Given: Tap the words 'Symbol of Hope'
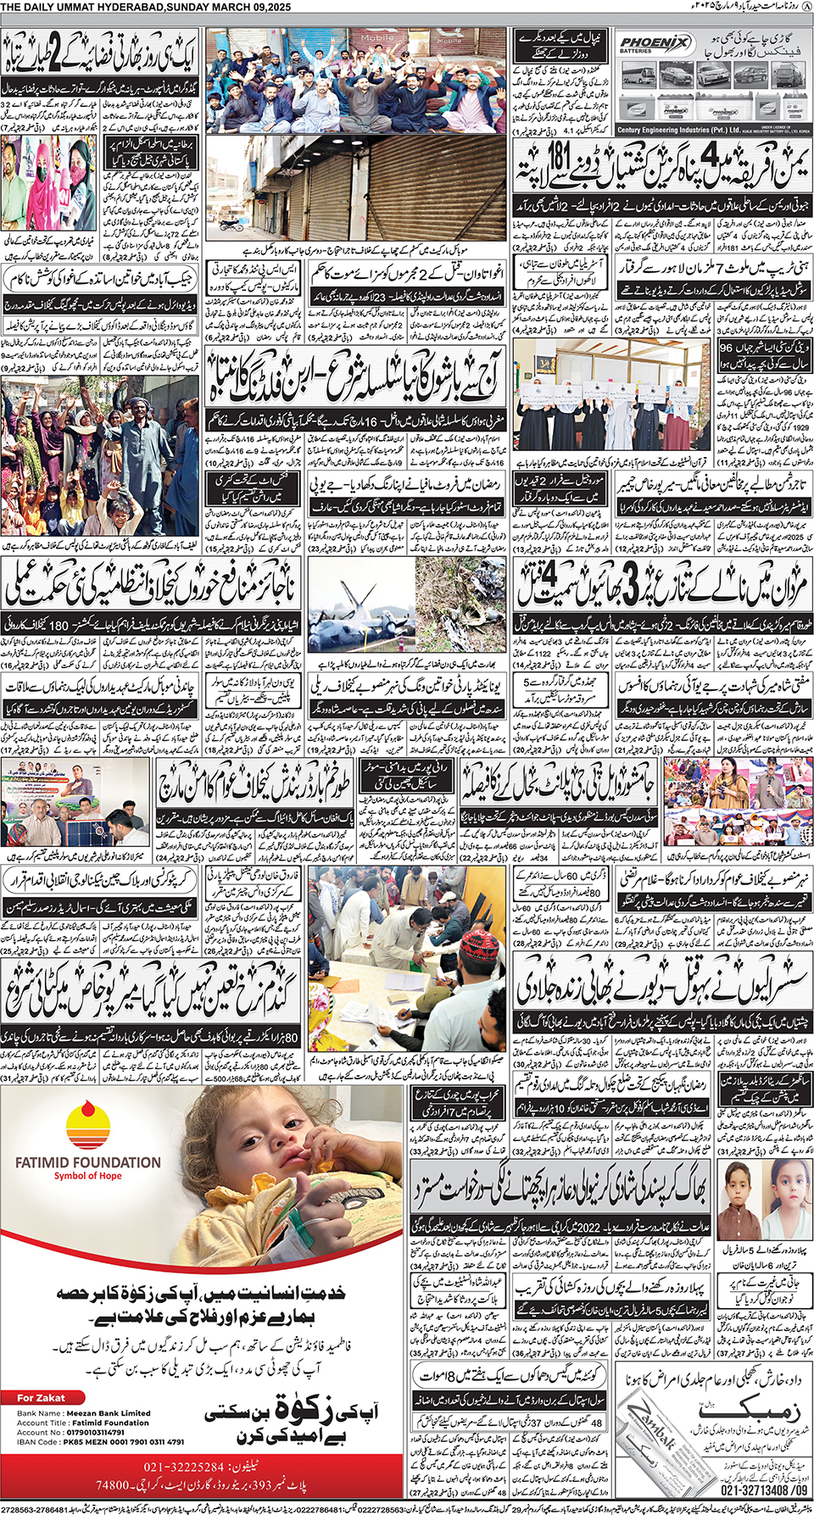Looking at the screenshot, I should coord(87,1176).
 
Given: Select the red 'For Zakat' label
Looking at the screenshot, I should coord(41,1398).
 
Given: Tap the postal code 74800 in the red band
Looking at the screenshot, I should coord(113,1485).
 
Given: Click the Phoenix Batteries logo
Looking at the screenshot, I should coord(655,44).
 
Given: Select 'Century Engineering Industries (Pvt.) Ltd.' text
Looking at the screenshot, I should coord(678,131).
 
